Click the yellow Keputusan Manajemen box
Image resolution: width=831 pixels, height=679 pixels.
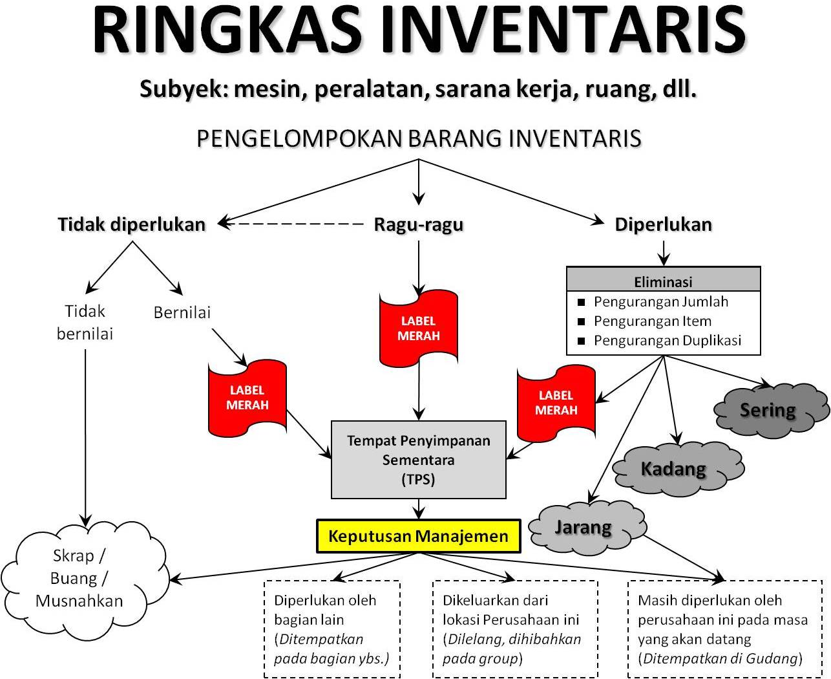[x=418, y=536]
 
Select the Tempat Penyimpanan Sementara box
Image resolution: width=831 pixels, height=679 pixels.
[x=418, y=460]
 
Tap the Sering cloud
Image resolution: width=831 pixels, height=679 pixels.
[x=769, y=410]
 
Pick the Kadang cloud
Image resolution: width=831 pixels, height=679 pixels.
[x=675, y=468]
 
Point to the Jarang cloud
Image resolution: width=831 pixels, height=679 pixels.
[x=585, y=527]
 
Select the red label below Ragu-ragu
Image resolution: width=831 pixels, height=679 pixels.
[x=419, y=328]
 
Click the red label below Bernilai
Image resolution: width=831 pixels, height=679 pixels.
[x=247, y=398]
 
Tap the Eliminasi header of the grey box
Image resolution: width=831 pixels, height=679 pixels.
[x=663, y=281]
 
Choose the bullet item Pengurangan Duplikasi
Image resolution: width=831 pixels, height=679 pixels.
[x=667, y=341]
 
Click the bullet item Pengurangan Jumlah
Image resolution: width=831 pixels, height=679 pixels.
[x=660, y=302]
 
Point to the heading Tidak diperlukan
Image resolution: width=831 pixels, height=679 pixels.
[x=132, y=224]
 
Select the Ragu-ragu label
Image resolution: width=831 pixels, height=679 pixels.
[x=419, y=224]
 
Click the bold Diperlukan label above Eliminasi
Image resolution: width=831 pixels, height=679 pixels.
[x=663, y=224]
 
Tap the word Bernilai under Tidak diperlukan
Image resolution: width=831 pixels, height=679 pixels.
[x=182, y=312]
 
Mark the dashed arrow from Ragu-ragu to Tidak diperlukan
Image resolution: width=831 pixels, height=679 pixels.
[x=294, y=224]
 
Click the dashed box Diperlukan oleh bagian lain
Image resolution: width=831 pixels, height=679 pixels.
[x=332, y=629]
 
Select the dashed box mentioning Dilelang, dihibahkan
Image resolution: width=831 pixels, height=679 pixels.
[x=514, y=629]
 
